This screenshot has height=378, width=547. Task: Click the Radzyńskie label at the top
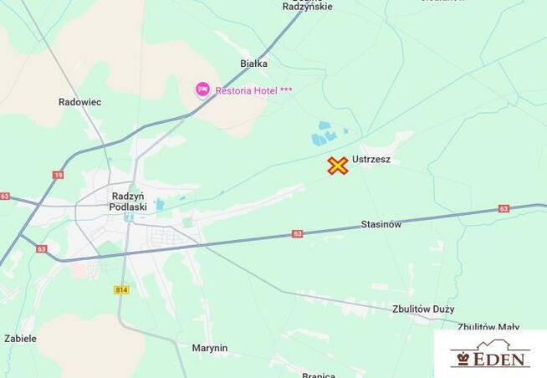point(307,6)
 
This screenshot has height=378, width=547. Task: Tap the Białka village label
point(253,63)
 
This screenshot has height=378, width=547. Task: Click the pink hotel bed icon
point(202,89)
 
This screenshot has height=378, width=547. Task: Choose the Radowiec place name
point(80,102)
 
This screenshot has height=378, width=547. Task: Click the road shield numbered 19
point(58,175)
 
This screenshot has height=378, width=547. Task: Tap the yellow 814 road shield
point(121,289)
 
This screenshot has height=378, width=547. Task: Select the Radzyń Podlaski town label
point(129,202)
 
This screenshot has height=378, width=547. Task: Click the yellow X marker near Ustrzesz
point(338,166)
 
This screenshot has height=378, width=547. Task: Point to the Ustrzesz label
point(371,159)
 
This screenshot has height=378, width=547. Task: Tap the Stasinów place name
point(381,224)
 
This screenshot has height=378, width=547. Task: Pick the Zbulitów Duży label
point(423,309)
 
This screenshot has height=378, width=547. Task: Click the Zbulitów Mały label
point(488,327)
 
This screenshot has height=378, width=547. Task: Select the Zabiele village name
point(20,339)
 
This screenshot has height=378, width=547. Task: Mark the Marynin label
point(209,348)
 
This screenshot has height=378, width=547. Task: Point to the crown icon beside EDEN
point(462,359)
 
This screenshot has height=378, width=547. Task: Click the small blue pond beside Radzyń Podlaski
point(159,204)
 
